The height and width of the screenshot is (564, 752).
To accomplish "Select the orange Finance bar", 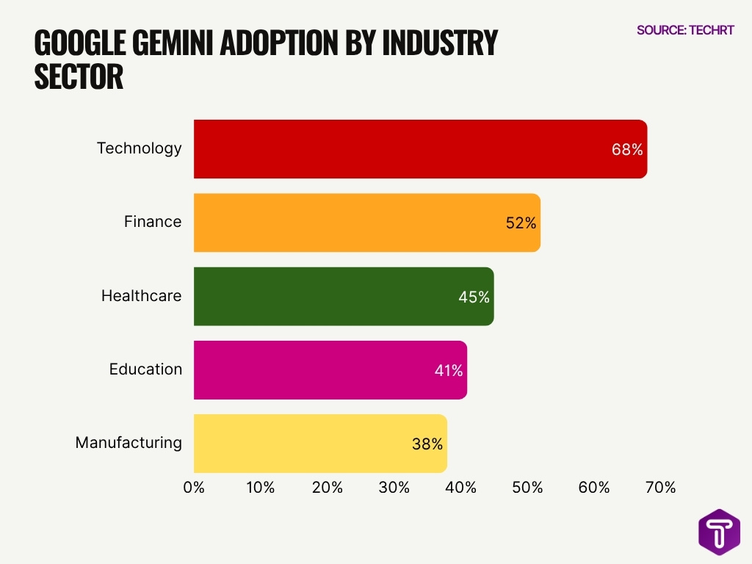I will click(x=367, y=223).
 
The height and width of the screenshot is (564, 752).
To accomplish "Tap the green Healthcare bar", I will click(x=344, y=297).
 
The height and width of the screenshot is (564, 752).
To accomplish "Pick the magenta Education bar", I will click(x=330, y=370).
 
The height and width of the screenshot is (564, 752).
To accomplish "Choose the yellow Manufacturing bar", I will click(x=320, y=444).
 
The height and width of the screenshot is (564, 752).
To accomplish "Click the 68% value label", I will click(x=627, y=150).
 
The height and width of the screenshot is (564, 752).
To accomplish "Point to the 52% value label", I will click(x=521, y=223).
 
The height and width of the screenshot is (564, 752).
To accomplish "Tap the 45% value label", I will click(x=474, y=297).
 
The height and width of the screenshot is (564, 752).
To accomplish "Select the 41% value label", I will click(x=448, y=371).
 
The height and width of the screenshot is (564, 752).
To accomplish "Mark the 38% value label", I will click(x=427, y=444).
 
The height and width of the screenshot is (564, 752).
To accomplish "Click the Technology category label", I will click(x=139, y=148).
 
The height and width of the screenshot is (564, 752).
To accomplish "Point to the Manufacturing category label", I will click(x=129, y=443).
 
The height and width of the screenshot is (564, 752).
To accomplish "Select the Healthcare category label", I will click(x=141, y=296).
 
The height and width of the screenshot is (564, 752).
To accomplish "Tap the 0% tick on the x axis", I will click(x=194, y=488).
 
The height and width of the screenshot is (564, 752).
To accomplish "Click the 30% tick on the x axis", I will click(x=394, y=488).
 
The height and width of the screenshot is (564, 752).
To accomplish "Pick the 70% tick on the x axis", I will click(x=660, y=488).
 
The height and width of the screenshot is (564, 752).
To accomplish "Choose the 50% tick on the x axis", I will click(x=527, y=488).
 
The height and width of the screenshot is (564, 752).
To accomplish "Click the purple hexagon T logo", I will click(x=719, y=532).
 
